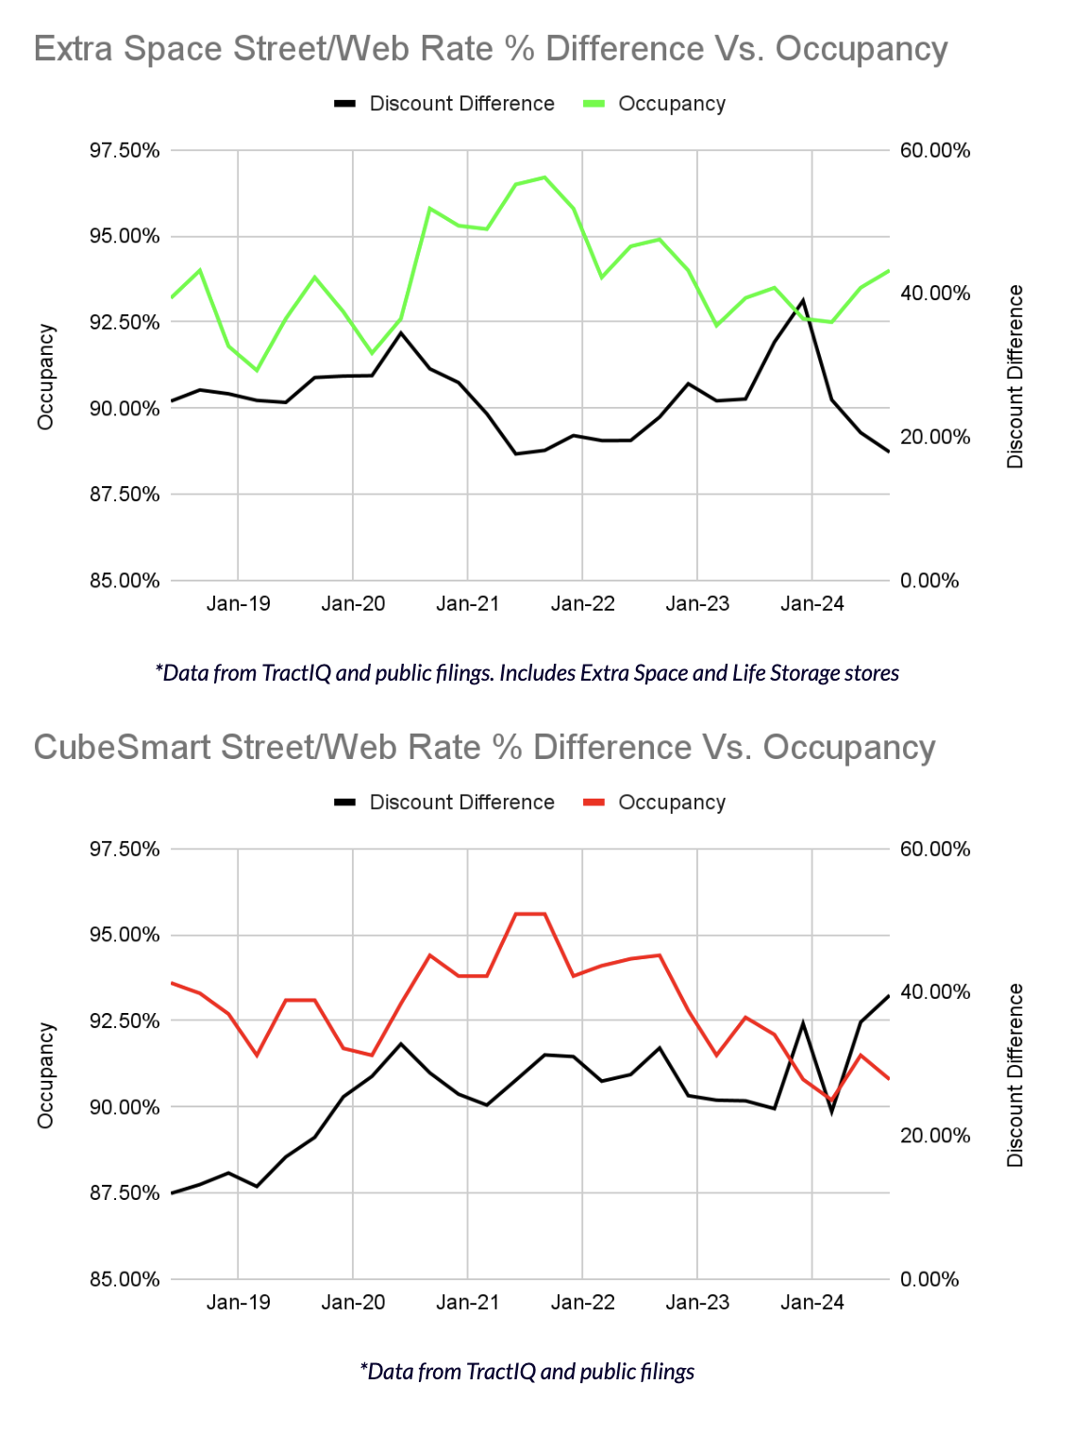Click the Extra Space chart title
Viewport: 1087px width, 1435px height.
pyautogui.click(x=491, y=49)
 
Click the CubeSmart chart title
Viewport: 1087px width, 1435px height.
pyautogui.click(x=484, y=748)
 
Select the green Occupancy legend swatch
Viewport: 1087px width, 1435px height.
pyautogui.click(x=594, y=104)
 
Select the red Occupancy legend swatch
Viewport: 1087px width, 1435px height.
pyautogui.click(x=594, y=802)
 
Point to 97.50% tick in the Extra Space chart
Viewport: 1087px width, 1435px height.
pyautogui.click(x=125, y=151)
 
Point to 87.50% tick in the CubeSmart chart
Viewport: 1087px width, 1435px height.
pyautogui.click(x=125, y=1193)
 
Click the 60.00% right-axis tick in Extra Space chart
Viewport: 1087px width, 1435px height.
pyautogui.click(x=935, y=151)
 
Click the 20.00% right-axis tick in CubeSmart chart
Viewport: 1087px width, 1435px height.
pyautogui.click(x=935, y=1136)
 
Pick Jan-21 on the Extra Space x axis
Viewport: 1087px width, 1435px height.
pyautogui.click(x=468, y=603)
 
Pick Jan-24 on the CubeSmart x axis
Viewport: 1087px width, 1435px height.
pyautogui.click(x=812, y=1302)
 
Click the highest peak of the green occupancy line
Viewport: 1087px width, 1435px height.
pyautogui.click(x=544, y=177)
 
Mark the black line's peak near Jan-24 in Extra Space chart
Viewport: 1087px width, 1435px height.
pyautogui.click(x=803, y=300)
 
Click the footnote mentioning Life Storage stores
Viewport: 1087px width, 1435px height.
pyautogui.click(x=527, y=673)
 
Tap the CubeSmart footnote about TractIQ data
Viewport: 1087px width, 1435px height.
pyautogui.click(x=527, y=1372)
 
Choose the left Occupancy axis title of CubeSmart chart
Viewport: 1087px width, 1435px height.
pyautogui.click(x=45, y=1075)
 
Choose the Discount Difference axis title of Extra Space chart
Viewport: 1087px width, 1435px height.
pyautogui.click(x=1015, y=377)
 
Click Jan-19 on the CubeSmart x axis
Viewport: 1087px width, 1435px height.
pyautogui.click(x=239, y=1302)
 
